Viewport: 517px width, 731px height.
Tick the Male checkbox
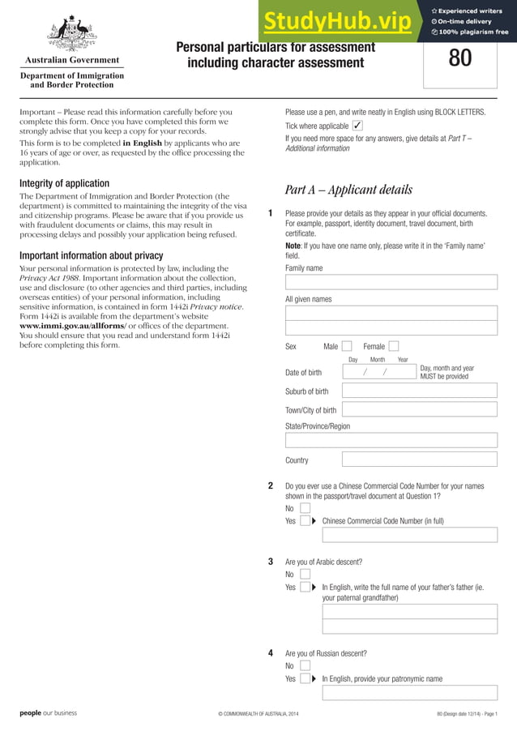coord(347,346)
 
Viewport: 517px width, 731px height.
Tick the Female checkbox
coord(394,346)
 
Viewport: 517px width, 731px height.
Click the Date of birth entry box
coord(378,372)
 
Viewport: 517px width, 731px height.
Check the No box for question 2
coord(305,508)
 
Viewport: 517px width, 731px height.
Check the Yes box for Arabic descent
coord(305,587)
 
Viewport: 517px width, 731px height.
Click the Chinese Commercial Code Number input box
coord(409,535)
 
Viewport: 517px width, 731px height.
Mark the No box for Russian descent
coord(305,665)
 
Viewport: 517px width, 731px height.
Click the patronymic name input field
coord(409,692)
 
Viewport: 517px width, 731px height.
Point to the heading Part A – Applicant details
coord(348,190)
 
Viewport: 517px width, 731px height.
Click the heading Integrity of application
coord(64,183)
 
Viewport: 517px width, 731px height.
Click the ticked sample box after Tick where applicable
coord(357,126)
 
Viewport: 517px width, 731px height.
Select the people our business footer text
coord(49,713)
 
